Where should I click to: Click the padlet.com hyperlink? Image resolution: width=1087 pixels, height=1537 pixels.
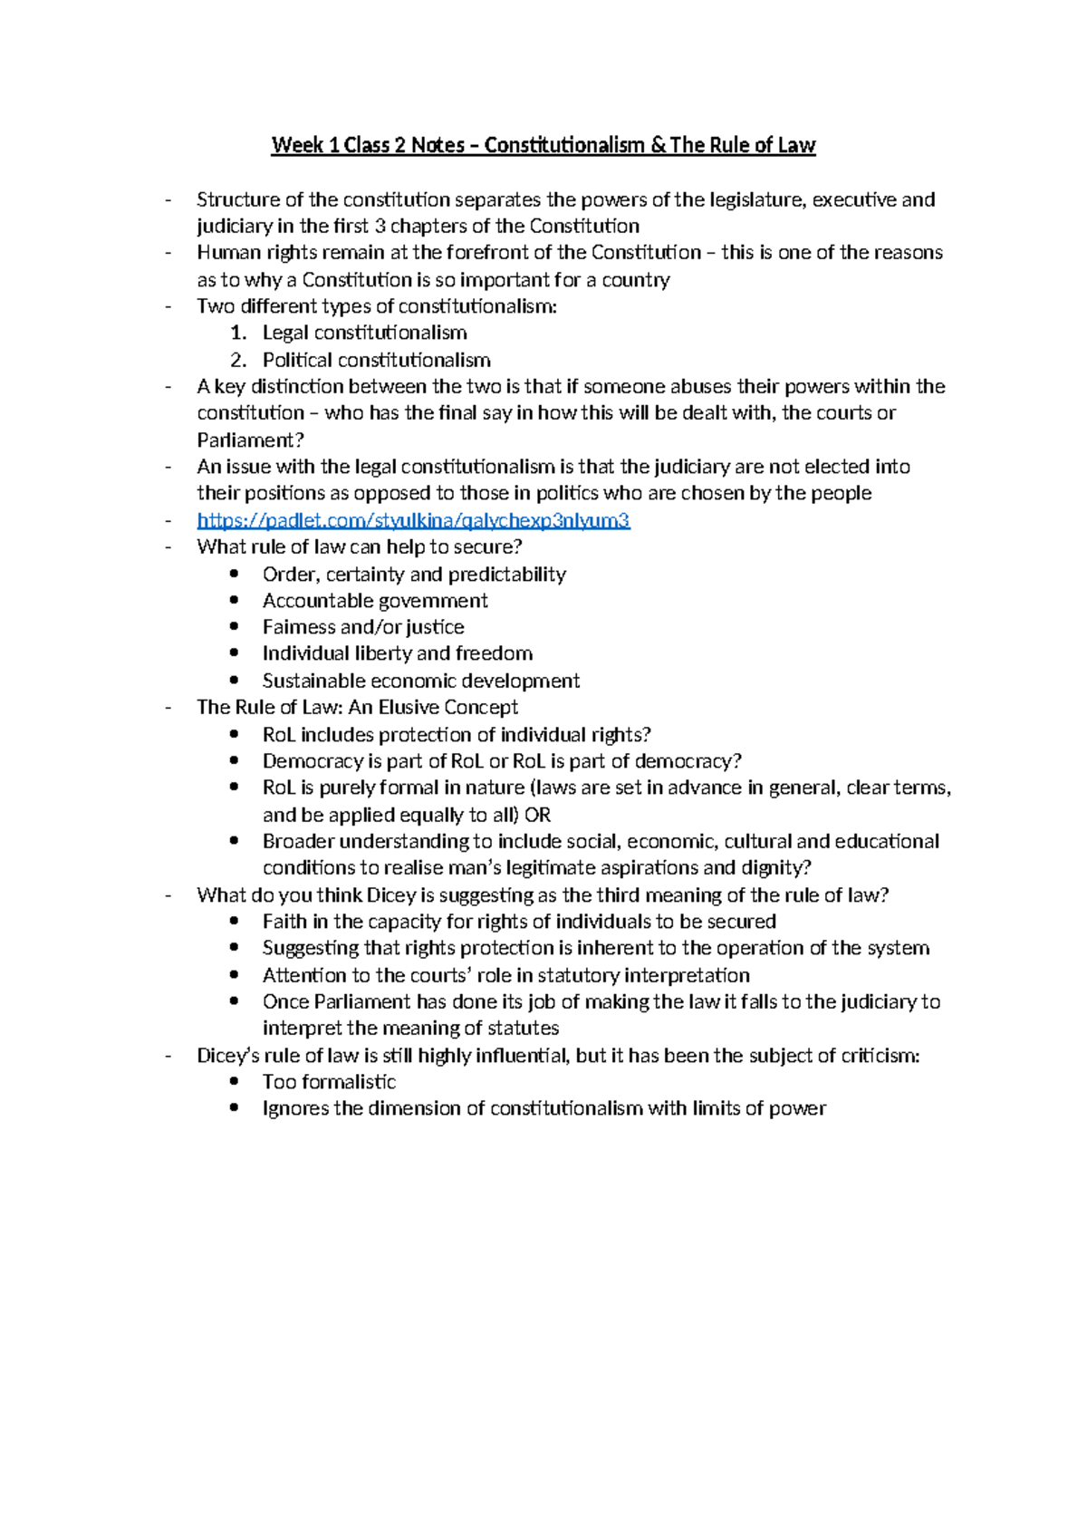point(413,520)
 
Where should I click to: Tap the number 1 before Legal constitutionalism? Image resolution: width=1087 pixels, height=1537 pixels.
point(237,333)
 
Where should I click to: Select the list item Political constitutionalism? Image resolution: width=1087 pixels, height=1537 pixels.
point(376,360)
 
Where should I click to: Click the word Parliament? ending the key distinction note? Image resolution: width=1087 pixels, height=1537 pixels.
point(250,440)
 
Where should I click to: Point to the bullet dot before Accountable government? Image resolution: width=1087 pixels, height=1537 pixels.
point(235,600)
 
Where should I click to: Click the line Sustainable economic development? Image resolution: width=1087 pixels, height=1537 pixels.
point(420,681)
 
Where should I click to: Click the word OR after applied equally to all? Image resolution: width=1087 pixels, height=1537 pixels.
point(537,815)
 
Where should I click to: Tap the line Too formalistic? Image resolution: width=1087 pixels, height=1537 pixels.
point(329,1081)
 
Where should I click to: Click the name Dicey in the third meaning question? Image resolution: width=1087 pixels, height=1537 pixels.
point(391,895)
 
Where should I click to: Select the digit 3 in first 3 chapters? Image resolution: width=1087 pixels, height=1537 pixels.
point(380,226)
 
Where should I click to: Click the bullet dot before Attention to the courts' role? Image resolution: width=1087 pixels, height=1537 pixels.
point(235,975)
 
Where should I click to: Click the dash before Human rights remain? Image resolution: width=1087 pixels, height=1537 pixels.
point(168,253)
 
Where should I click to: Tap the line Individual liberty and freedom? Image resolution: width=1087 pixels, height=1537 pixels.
point(397,653)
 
